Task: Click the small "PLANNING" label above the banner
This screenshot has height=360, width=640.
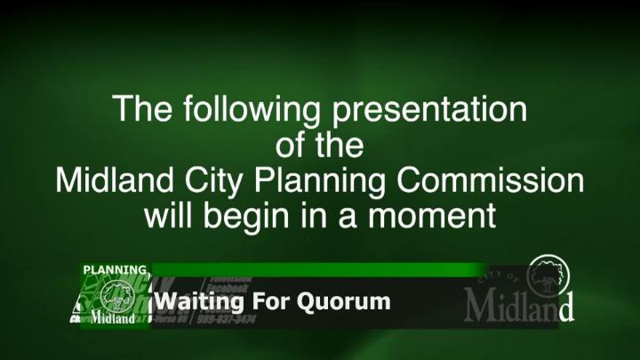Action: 115,269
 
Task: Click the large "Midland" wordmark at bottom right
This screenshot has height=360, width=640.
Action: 518,306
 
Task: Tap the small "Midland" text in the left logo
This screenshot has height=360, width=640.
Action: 113,317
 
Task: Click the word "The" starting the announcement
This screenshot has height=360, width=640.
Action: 140,111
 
